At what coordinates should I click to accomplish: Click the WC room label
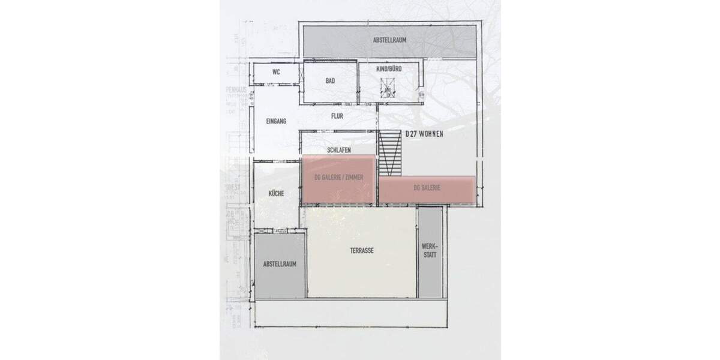[276, 72]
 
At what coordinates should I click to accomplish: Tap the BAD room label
[330, 80]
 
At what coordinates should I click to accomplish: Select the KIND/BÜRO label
[388, 70]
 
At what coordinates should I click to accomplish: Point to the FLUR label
[337, 116]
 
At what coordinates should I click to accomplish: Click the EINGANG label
[276, 121]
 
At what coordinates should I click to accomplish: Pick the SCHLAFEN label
[339, 150]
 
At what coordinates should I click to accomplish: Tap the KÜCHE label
[277, 193]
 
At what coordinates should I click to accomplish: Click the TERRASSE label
[362, 251]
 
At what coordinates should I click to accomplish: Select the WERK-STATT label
[430, 251]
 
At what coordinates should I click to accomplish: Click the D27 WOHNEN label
[424, 135]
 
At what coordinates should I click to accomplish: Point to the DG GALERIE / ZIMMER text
[339, 178]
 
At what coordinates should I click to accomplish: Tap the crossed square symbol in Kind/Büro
[388, 91]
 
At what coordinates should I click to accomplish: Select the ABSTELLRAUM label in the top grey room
[389, 41]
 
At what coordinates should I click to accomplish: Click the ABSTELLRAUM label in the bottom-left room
[280, 263]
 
